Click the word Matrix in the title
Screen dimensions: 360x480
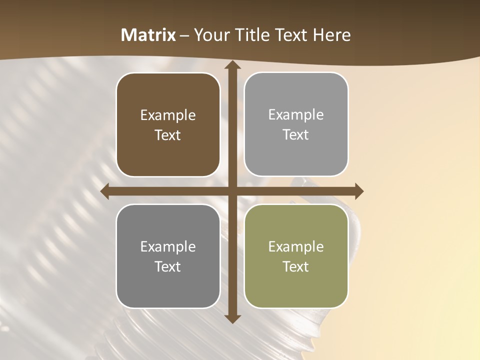148,35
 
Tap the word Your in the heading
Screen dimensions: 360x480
209,35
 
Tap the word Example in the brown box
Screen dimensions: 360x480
168,115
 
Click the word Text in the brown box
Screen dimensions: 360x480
168,135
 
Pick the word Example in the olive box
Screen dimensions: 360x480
296,246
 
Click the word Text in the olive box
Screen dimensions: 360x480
296,266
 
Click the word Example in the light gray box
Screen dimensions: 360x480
296,115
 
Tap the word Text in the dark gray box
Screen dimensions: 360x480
168,266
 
